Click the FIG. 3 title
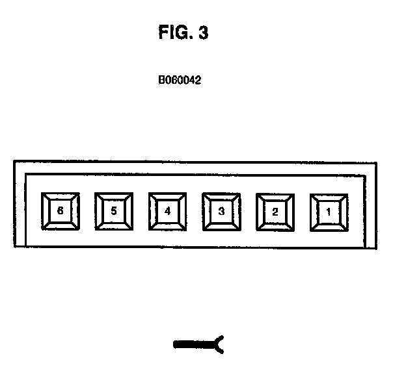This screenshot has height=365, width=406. pyautogui.click(x=183, y=33)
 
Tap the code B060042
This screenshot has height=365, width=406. pyautogui.click(x=180, y=81)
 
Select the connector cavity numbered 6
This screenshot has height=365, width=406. pyautogui.click(x=60, y=211)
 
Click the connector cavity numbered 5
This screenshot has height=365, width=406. pyautogui.click(x=114, y=211)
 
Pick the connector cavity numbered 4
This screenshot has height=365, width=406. pyautogui.click(x=168, y=211)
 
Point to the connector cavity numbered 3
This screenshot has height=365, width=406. pyautogui.click(x=222, y=211)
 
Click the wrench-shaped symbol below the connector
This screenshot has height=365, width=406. pyautogui.click(x=198, y=344)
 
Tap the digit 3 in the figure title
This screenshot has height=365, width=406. pyautogui.click(x=203, y=33)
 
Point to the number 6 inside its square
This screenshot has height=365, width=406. pyautogui.click(x=60, y=211)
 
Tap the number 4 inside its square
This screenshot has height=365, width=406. pyautogui.click(x=168, y=211)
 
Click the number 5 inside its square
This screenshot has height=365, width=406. pyautogui.click(x=114, y=211)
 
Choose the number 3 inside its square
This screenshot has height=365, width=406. pyautogui.click(x=222, y=211)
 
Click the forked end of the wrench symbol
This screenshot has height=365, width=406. pyautogui.click(x=219, y=344)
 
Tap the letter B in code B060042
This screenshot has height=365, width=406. pyautogui.click(x=161, y=81)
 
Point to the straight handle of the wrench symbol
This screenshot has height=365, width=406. pyautogui.click(x=192, y=344)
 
